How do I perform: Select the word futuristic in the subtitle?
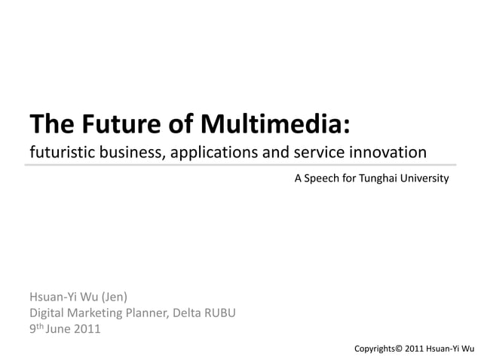click(60, 153)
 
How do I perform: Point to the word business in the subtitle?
click(130, 153)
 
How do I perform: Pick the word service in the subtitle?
click(317, 153)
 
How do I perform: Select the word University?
click(427, 178)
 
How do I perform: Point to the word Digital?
click(47, 313)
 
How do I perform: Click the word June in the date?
click(60, 328)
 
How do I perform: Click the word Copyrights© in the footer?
click(378, 349)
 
